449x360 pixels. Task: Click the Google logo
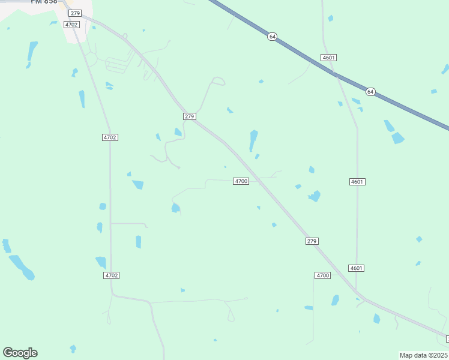pos(20,353)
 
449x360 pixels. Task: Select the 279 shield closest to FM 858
pos(74,13)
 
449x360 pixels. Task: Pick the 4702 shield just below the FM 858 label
pos(71,25)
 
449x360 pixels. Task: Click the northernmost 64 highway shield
pos(273,37)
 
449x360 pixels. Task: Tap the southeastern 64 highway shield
pos(370,92)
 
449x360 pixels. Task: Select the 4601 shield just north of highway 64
pos(328,58)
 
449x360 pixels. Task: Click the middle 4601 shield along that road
pos(357,181)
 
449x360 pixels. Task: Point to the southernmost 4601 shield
pos(356,268)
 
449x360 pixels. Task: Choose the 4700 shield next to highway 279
pos(241,181)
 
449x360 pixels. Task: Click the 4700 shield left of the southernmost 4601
pos(322,275)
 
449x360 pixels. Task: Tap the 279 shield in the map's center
pos(190,116)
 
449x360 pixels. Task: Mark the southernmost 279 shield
pos(311,241)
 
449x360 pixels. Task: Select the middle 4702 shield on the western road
pos(110,137)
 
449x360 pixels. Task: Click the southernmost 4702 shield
pos(111,275)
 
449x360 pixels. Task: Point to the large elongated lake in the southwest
pos(21,267)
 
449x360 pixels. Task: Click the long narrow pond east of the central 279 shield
pos(253,140)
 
